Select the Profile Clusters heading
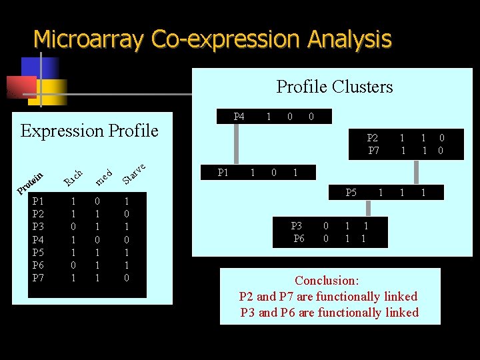tap(335, 87)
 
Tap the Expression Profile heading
tap(89, 131)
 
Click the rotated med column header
tap(103, 176)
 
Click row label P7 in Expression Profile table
tap(39, 277)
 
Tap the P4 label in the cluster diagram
tap(239, 117)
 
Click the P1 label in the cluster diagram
tap(223, 173)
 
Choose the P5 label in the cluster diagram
tap(351, 193)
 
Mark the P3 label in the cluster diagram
tap(297, 226)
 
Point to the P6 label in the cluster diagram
tap(299, 239)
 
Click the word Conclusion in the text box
tap(327, 281)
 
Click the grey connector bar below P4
tap(235, 143)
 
